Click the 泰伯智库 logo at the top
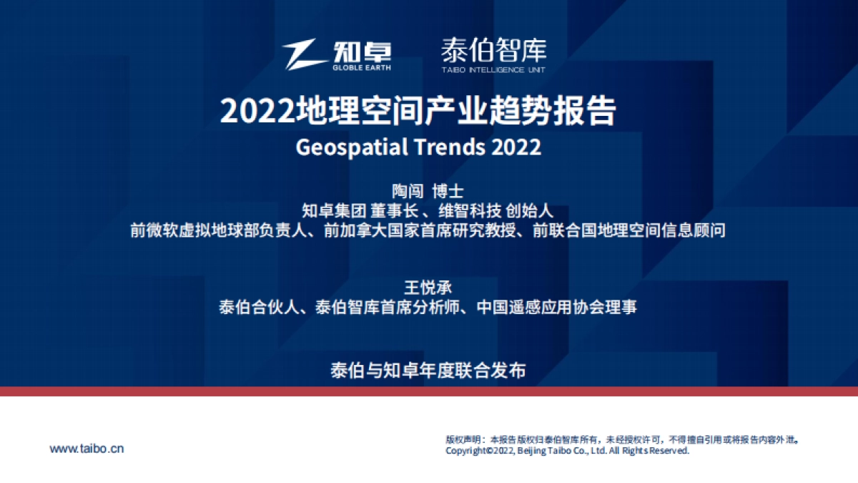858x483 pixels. [x=493, y=54]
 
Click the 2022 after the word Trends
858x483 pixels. [x=516, y=147]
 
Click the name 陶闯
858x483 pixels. [x=408, y=192]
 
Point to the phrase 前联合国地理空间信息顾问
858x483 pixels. [x=629, y=230]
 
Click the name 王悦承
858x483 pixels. [x=428, y=288]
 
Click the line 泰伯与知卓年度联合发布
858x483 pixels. [x=428, y=371]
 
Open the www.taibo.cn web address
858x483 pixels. [x=87, y=449]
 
